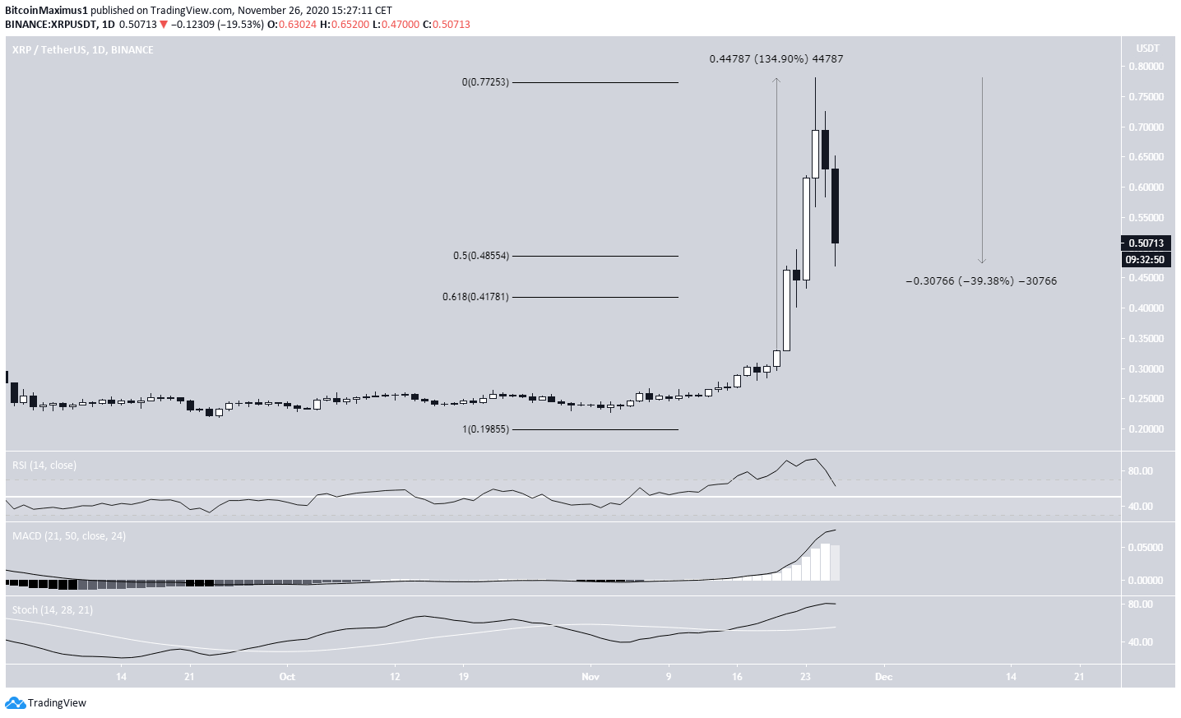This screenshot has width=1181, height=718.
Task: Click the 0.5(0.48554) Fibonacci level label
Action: coord(481,256)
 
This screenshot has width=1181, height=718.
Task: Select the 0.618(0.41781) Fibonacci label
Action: coord(475,297)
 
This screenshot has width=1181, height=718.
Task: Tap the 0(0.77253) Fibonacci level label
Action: coord(485,82)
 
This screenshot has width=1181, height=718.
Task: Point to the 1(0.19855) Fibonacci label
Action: coord(485,429)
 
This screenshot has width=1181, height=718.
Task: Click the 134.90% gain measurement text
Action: coord(776,59)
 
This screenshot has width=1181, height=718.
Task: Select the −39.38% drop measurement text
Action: coord(980,281)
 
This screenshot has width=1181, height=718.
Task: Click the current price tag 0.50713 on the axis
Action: coord(1146,243)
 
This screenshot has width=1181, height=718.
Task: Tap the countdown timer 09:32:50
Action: coord(1145,260)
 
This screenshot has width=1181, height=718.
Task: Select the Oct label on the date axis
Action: coord(287,677)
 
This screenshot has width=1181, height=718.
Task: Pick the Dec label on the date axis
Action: coord(883,677)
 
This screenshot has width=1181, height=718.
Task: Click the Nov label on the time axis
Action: coord(590,677)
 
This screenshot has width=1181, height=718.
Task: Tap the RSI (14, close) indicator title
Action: coord(44,466)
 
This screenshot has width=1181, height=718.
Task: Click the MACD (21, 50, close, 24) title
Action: coord(69,536)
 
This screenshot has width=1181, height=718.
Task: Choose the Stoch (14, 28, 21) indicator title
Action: coord(53,610)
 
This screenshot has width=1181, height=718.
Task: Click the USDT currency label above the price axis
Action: coord(1147,49)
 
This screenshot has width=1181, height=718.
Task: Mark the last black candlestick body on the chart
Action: coord(835,206)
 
